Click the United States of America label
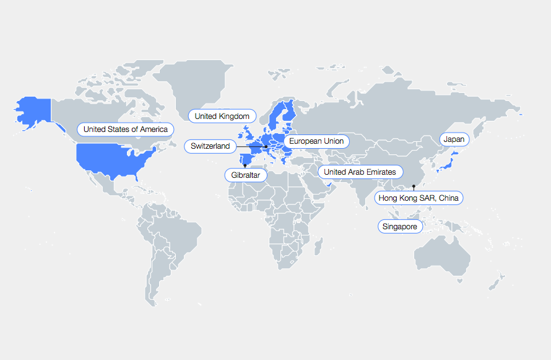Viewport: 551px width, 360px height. (126, 130)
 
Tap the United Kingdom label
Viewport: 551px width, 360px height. (222, 116)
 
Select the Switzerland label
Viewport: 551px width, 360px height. (210, 146)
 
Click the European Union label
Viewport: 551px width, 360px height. (316, 141)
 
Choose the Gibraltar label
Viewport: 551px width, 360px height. (246, 175)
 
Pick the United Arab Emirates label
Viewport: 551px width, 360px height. (360, 172)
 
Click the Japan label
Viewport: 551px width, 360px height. (453, 139)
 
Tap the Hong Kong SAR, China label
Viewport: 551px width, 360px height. (419, 198)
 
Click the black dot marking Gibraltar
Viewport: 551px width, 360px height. (245, 165)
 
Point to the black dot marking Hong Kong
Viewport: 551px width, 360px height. (414, 187)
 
